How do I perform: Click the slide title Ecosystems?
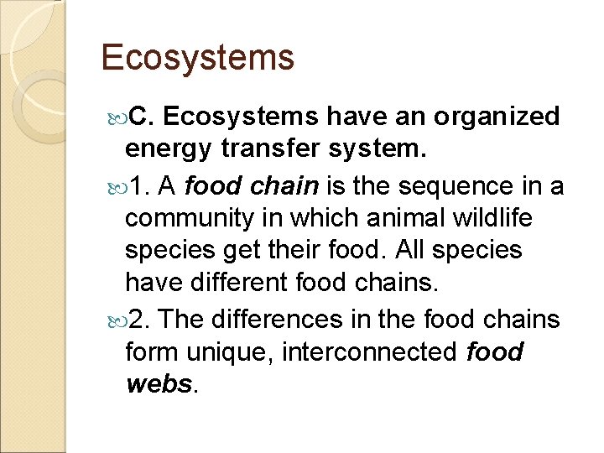tap(198, 57)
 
